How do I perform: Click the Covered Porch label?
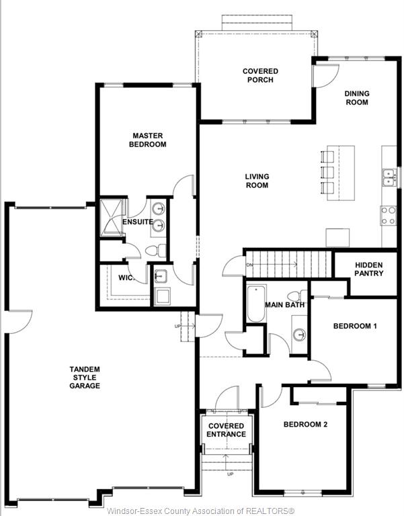tap(260, 75)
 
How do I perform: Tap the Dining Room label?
tap(357, 97)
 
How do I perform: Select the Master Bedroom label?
tap(147, 140)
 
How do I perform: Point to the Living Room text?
tap(257, 181)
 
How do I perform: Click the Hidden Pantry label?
tap(369, 269)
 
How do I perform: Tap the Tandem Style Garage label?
tap(85, 378)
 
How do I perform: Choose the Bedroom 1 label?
tap(355, 326)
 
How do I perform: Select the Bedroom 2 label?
tap(306, 425)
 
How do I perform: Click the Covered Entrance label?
tap(227, 430)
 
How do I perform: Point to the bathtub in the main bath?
tap(256, 304)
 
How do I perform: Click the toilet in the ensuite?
tap(156, 251)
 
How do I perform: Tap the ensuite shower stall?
tap(111, 218)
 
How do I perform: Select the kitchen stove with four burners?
tap(389, 216)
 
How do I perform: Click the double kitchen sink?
tap(389, 177)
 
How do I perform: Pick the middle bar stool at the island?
tap(327, 172)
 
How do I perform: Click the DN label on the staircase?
tap(249, 265)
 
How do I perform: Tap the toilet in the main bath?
tap(297, 296)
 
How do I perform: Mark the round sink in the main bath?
tap(300, 335)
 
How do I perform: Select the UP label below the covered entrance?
tap(230, 474)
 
